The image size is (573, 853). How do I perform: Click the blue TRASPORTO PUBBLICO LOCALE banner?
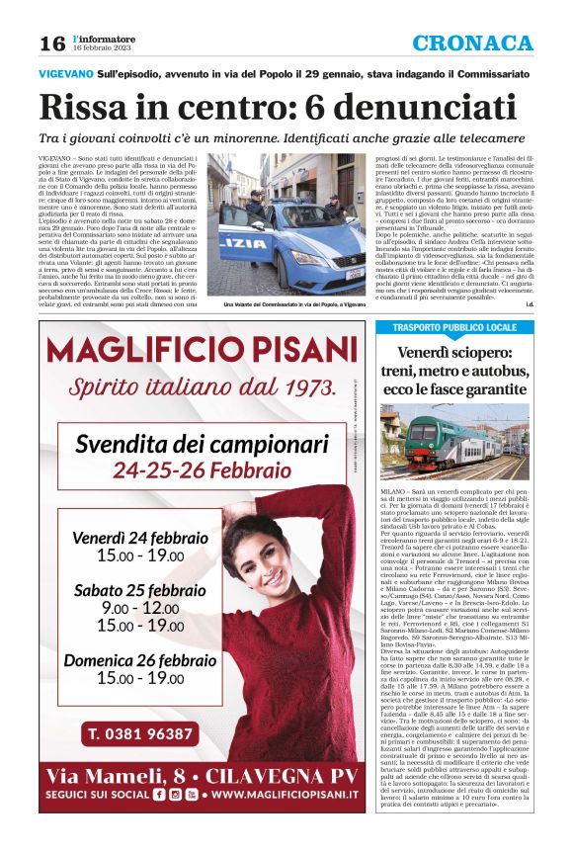[454, 327]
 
